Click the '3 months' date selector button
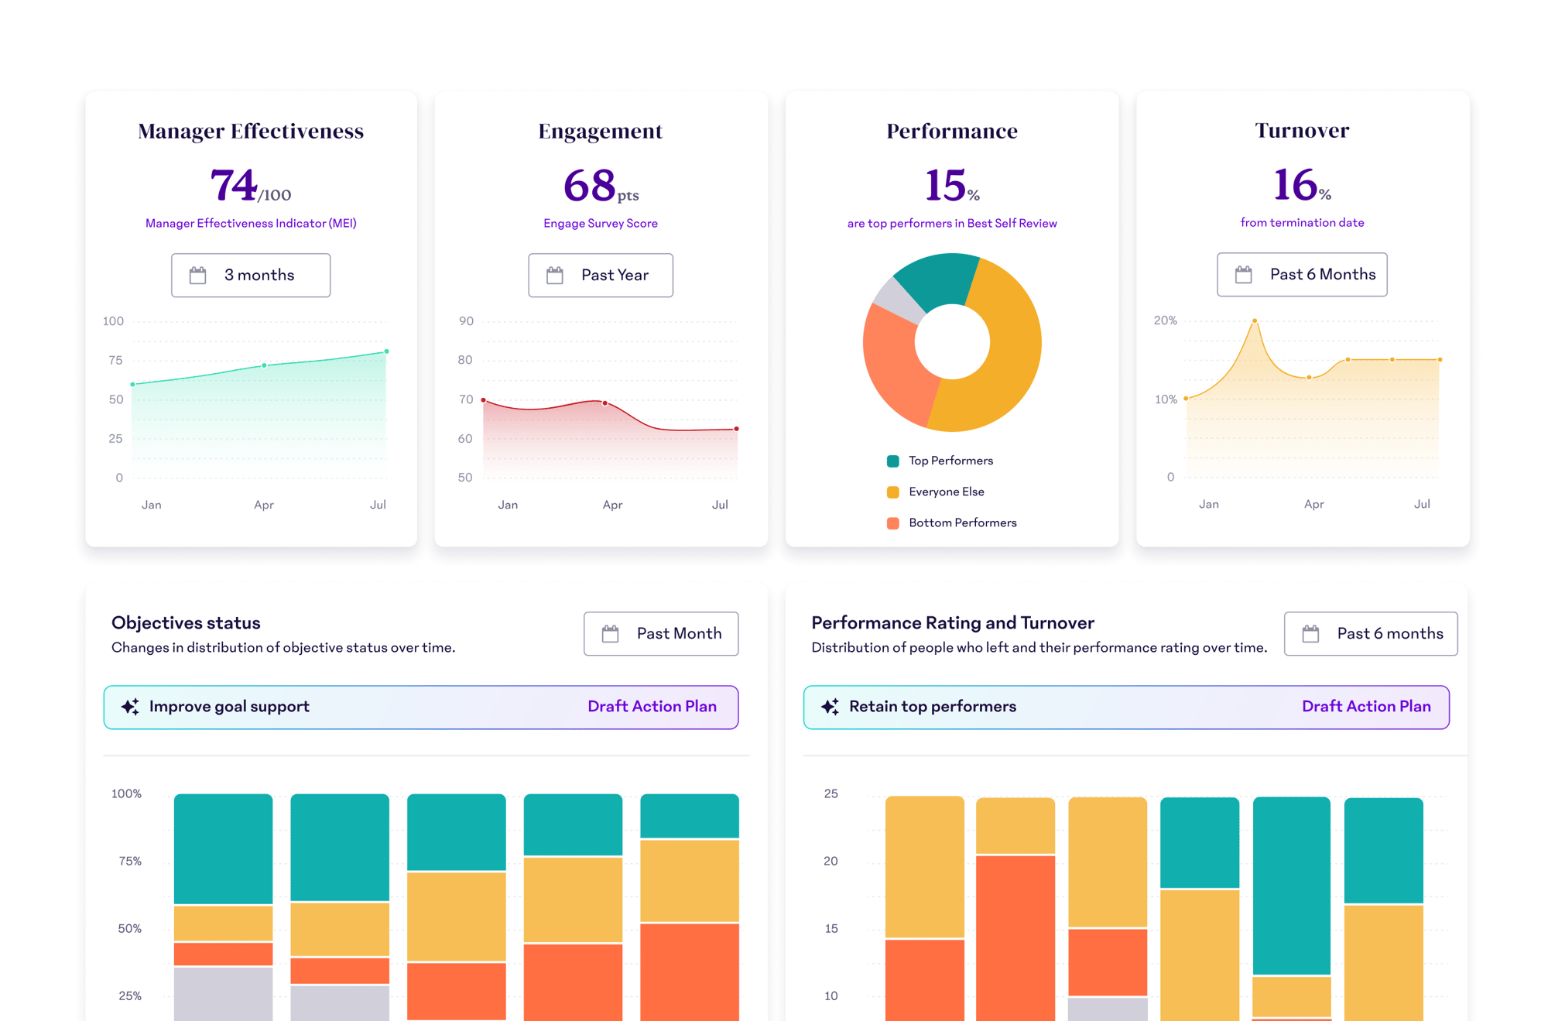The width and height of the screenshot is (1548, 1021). pyautogui.click(x=251, y=275)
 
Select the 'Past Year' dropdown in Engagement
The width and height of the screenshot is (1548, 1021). pyautogui.click(x=601, y=275)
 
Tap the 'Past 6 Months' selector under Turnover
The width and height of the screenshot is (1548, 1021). pyautogui.click(x=1302, y=274)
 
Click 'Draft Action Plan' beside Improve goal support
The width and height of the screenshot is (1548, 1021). pyautogui.click(x=652, y=706)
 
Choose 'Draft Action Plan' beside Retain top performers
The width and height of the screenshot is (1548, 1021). pyautogui.click(x=1366, y=706)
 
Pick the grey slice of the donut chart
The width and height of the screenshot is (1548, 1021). pyautogui.click(x=897, y=300)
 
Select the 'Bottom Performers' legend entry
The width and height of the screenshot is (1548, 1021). pyautogui.click(x=962, y=522)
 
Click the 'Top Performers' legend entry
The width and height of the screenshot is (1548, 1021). pyautogui.click(x=950, y=461)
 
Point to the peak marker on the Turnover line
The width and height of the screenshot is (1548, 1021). pyautogui.click(x=1255, y=320)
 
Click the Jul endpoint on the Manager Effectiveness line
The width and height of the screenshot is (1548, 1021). pyautogui.click(x=386, y=351)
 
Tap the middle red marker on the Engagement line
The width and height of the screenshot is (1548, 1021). pyautogui.click(x=604, y=403)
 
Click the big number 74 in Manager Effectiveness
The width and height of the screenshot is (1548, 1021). pyautogui.click(x=233, y=186)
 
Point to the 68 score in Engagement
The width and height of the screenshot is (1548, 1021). pyautogui.click(x=590, y=186)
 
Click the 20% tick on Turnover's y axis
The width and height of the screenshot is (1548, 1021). pyautogui.click(x=1165, y=320)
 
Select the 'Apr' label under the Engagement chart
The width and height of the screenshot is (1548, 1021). pyautogui.click(x=612, y=505)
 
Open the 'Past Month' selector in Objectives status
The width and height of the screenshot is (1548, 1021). pyautogui.click(x=661, y=633)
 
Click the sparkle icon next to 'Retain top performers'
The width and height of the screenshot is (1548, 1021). pyautogui.click(x=830, y=706)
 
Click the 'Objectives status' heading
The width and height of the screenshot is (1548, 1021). pyautogui.click(x=186, y=622)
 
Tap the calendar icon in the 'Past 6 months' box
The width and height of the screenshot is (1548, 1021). pyautogui.click(x=1310, y=633)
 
